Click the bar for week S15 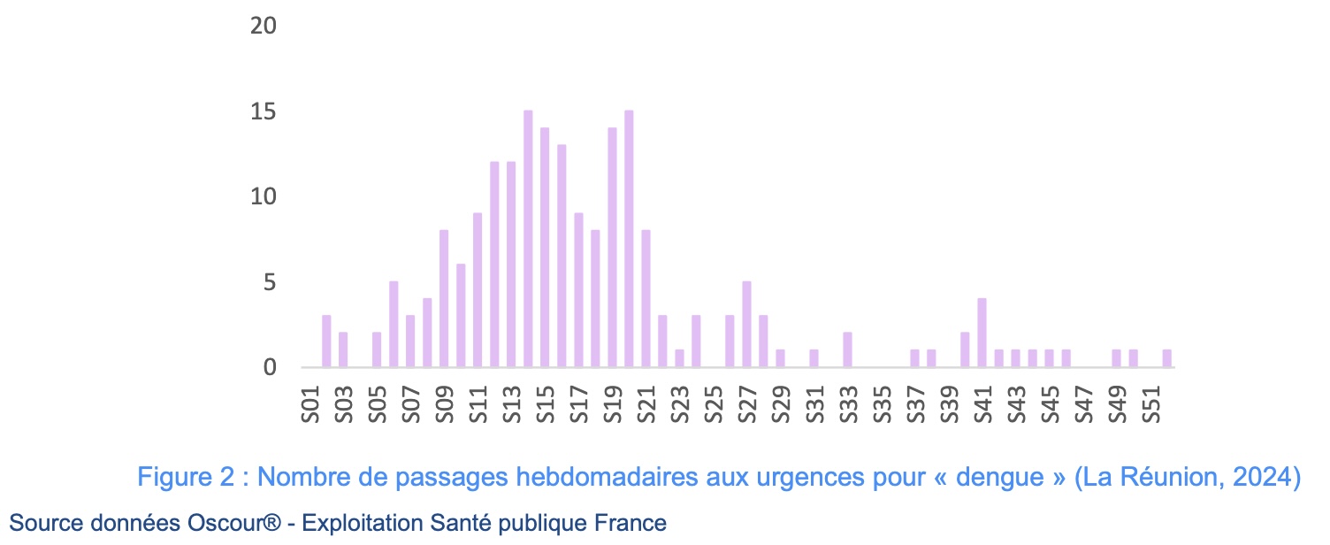tap(545, 248)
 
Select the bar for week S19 tap(612, 248)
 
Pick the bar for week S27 tap(746, 325)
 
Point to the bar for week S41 tap(982, 334)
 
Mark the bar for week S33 tap(847, 350)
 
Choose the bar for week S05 tap(377, 350)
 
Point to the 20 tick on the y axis tap(264, 27)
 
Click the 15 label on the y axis tap(264, 112)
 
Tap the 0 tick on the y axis tap(270, 367)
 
